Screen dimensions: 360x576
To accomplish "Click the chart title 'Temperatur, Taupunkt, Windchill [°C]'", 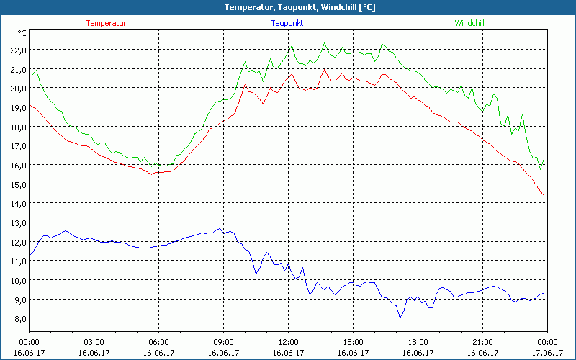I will click(x=289, y=7).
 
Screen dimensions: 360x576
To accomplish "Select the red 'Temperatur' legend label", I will click(x=106, y=23).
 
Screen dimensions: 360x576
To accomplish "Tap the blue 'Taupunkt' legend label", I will click(x=288, y=23).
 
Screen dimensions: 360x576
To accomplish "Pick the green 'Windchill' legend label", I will click(x=469, y=23).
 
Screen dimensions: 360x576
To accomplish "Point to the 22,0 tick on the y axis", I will click(x=17, y=50).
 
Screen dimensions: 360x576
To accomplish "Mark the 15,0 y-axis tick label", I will click(x=17, y=184).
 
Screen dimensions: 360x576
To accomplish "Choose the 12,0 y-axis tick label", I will click(x=17, y=242).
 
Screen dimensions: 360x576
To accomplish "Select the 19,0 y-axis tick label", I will click(x=17, y=107).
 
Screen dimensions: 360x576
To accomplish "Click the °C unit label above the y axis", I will click(x=22, y=33).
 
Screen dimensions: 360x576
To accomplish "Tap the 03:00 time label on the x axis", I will click(x=94, y=342).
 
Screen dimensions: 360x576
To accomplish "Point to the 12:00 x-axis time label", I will click(x=288, y=342).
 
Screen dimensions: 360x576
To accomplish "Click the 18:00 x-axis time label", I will click(x=418, y=342).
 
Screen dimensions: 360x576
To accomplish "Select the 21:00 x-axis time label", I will click(x=482, y=342).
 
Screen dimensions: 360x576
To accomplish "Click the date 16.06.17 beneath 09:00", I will click(x=223, y=352).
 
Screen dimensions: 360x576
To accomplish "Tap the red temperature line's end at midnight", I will click(x=544, y=195).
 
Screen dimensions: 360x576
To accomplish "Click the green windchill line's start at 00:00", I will click(x=30, y=71).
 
